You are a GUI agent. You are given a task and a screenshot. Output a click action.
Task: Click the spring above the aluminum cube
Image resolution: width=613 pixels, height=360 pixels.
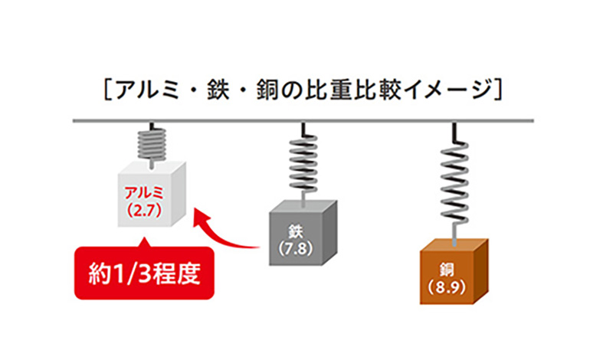point(152,142)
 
